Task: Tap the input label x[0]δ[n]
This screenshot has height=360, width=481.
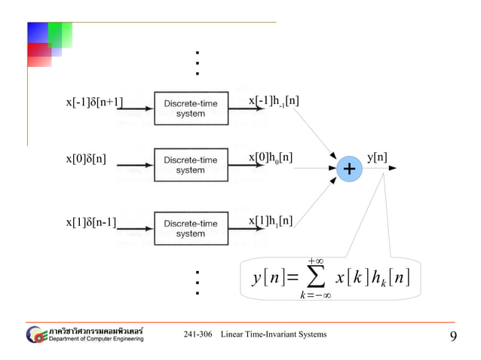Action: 87,159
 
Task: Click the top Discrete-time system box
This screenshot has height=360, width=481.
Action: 190,108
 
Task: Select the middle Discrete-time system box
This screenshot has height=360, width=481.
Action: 190,165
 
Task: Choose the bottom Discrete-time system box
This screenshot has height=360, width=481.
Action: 190,228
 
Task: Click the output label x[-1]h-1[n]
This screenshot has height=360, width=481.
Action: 274,102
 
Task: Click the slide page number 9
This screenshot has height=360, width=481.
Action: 453,336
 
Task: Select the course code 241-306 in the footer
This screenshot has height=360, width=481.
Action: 198,334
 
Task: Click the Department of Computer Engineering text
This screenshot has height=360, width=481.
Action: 96,339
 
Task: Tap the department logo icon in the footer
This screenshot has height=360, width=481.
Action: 35,334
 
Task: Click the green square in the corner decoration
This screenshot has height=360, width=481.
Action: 60,35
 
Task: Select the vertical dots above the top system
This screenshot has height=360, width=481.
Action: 196,63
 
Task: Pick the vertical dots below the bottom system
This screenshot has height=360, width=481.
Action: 196,282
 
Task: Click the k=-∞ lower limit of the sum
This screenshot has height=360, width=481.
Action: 315,294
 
